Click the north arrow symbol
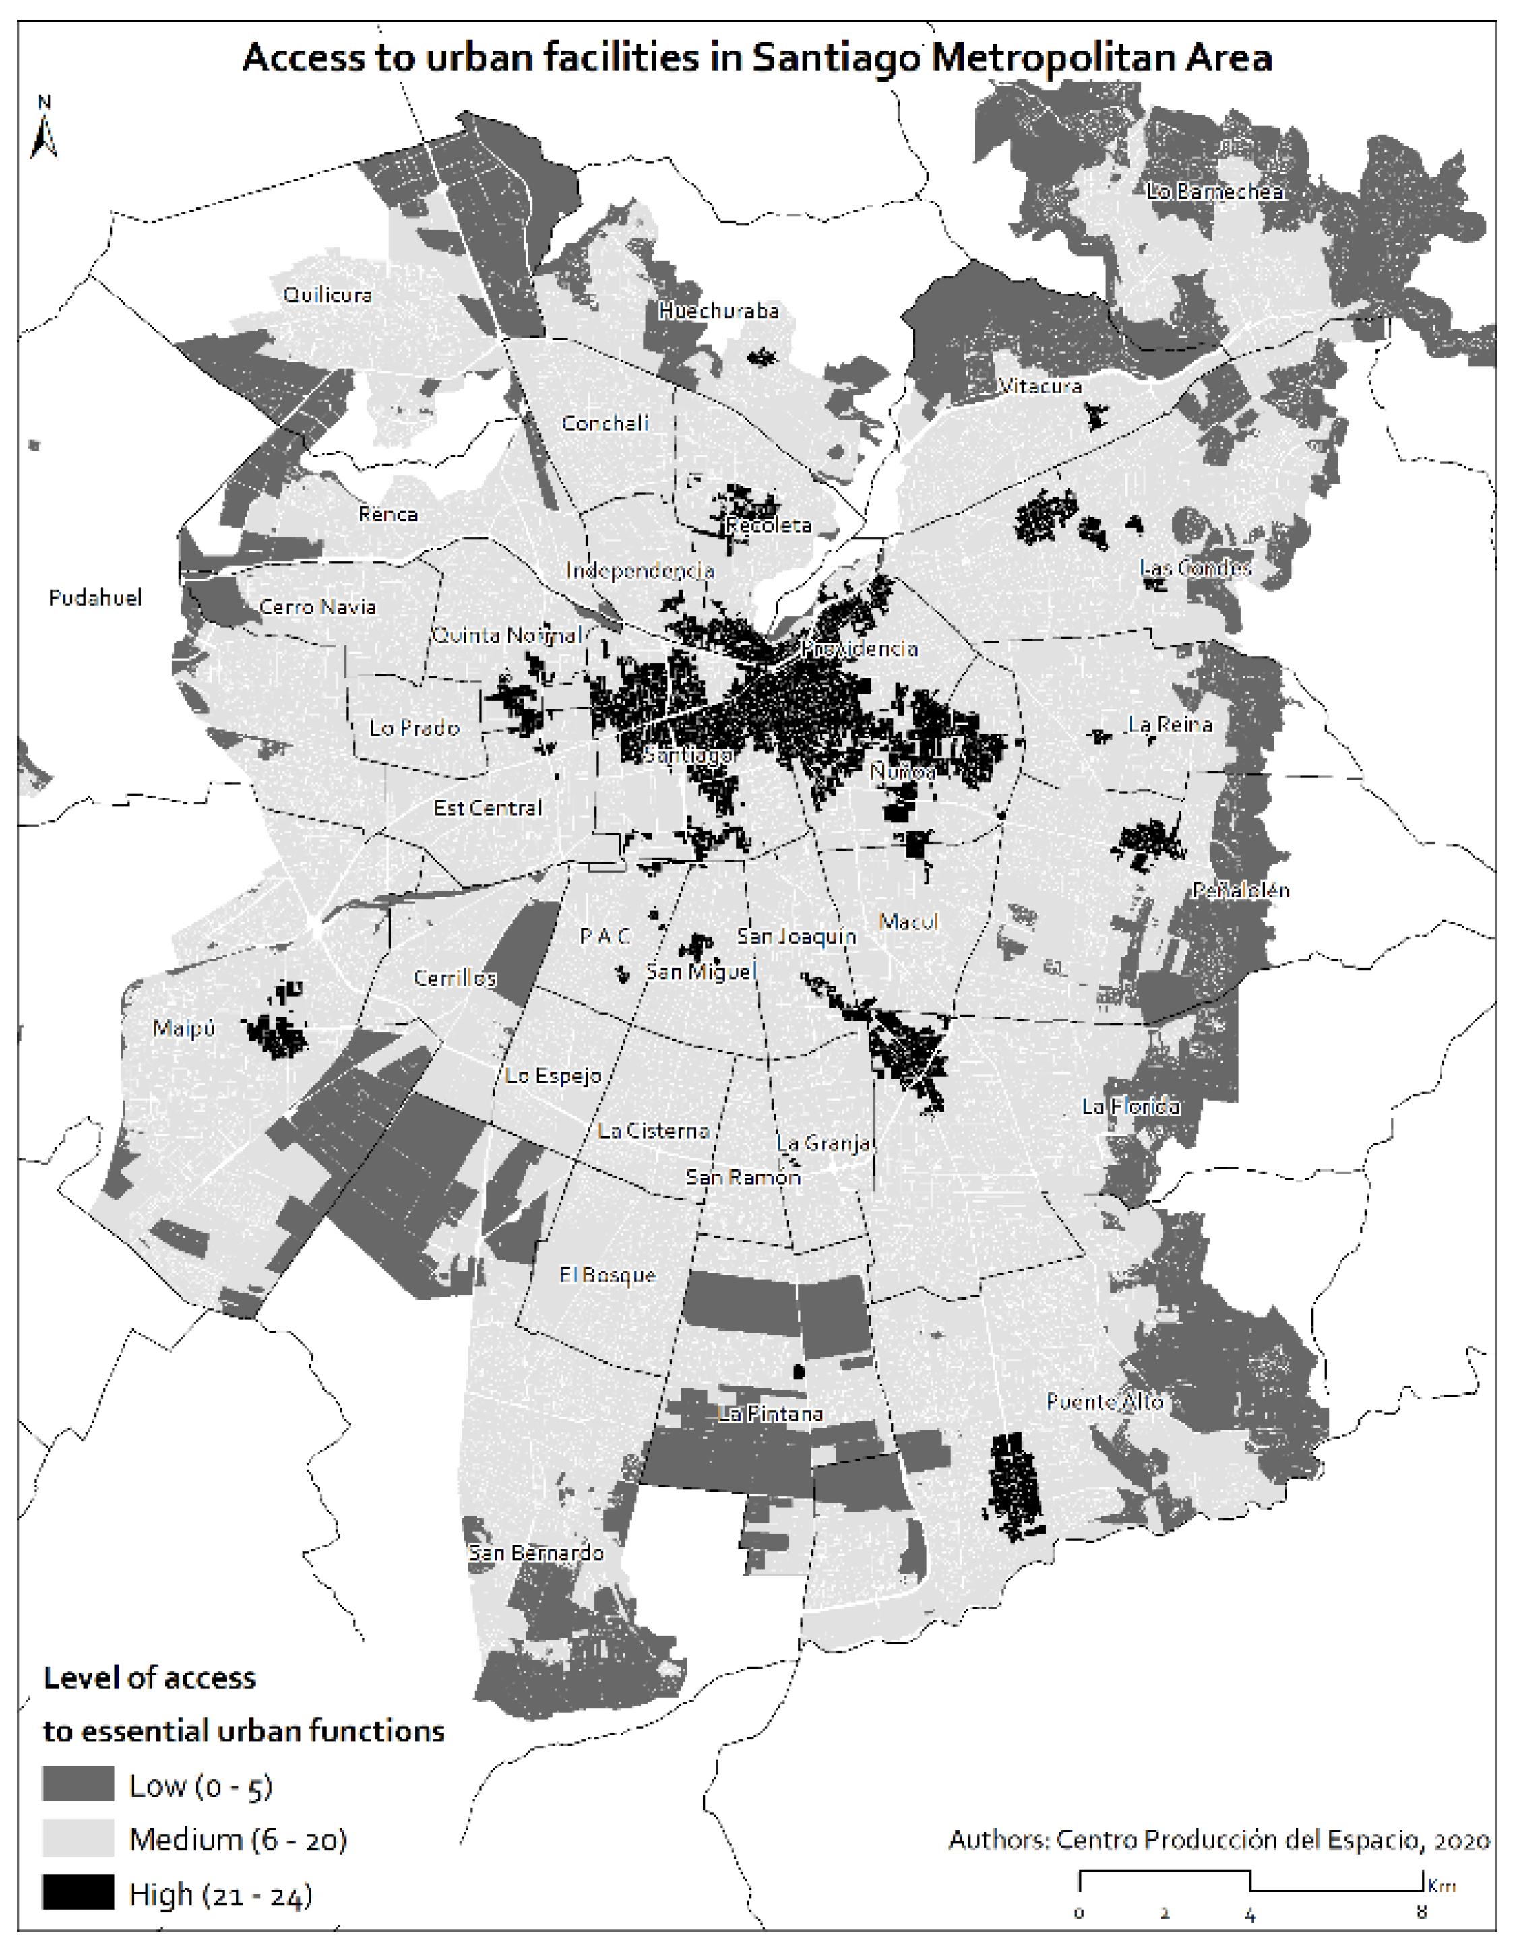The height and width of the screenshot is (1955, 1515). pyautogui.click(x=43, y=130)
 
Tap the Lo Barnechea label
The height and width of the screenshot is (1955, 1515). pyautogui.click(x=1214, y=191)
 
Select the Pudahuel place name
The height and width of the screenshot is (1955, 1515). pyautogui.click(x=95, y=598)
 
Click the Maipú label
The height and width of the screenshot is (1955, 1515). pyautogui.click(x=183, y=1029)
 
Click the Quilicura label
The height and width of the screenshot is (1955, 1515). pyautogui.click(x=327, y=295)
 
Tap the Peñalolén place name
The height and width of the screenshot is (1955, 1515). pyautogui.click(x=1240, y=890)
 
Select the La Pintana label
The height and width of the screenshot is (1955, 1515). pyautogui.click(x=770, y=1414)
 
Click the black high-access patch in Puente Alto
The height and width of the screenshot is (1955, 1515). pyautogui.click(x=1014, y=1486)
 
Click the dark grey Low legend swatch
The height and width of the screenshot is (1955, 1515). pyautogui.click(x=78, y=1784)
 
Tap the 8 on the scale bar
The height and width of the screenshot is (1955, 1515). pyautogui.click(x=1421, y=1915)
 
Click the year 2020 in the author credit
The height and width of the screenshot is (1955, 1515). pyautogui.click(x=1461, y=1840)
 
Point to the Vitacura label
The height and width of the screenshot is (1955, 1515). pyautogui.click(x=1040, y=387)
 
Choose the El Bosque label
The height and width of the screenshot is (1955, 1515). pyautogui.click(x=607, y=1275)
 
